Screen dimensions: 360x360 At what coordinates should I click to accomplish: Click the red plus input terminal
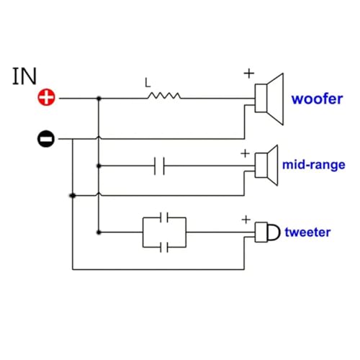coord(46,97)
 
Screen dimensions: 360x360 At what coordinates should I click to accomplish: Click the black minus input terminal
coord(46,139)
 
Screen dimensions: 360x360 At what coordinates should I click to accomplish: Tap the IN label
coord(24,76)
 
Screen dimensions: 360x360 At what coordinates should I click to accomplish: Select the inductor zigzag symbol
coord(164,96)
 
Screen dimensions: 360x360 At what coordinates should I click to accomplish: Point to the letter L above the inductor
coord(148,83)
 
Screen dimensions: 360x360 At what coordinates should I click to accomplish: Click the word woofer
coord(317,99)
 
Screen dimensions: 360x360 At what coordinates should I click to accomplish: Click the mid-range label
coord(314,165)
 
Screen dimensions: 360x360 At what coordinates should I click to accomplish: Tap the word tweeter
coord(307,232)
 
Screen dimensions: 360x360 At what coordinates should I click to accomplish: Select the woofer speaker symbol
coord(269,99)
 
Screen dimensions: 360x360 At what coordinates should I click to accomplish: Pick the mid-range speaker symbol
coord(266,166)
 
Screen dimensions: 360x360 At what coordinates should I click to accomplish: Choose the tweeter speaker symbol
coord(267,232)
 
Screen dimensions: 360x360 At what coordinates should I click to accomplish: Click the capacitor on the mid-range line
coord(159,166)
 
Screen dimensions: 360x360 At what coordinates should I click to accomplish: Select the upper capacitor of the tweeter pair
coord(164,217)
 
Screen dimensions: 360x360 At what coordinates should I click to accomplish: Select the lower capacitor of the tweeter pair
coord(164,247)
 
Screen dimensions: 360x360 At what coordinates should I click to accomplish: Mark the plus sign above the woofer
coord(249,73)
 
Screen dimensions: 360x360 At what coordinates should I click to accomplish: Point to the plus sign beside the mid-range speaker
coord(245,153)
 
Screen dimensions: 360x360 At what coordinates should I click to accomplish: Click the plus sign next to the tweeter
coord(246,220)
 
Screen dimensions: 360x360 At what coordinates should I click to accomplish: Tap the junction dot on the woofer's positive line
coord(99,99)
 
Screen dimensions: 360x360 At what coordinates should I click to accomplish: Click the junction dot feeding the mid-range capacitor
coord(99,166)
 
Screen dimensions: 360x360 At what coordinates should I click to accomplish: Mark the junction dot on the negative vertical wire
coord(73,196)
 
